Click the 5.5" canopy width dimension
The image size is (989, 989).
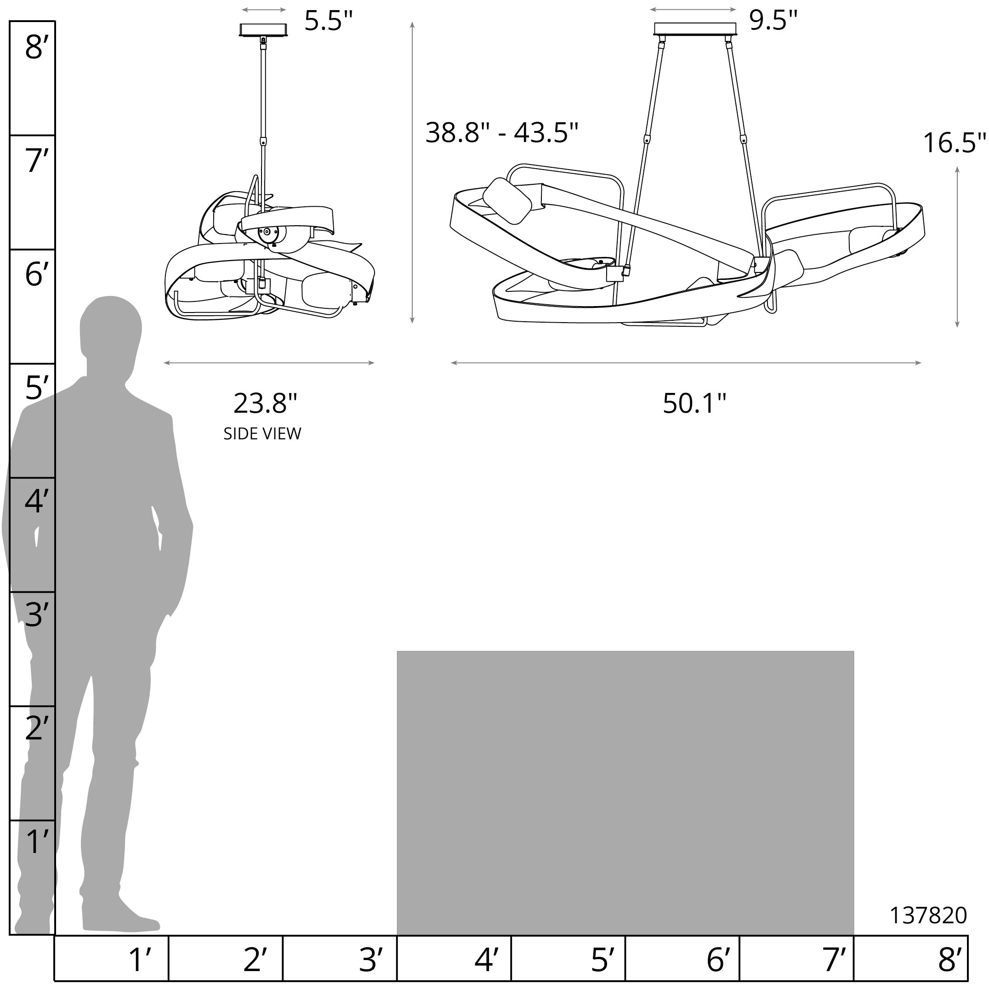coord(329,21)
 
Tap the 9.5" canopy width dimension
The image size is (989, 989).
coord(773,21)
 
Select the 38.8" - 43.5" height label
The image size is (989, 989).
coord(502,132)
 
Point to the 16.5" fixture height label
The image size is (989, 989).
coord(954,142)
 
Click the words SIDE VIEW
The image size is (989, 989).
coord(262,433)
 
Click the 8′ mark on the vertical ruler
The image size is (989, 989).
coord(36,48)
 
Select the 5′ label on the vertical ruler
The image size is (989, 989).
coord(36,387)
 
